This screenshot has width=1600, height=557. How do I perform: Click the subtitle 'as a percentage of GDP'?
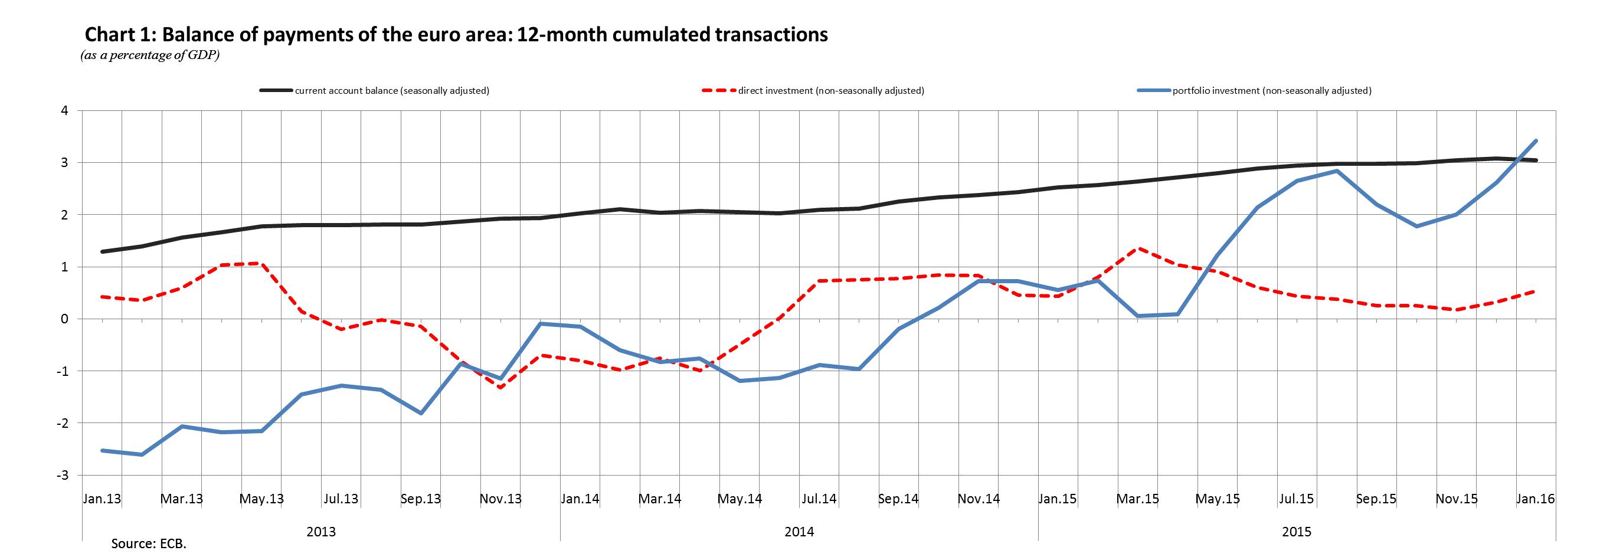point(150,55)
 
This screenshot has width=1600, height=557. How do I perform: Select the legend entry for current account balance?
point(392,91)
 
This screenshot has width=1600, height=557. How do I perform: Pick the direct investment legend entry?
point(831,91)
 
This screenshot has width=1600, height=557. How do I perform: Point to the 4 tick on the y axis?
point(64,110)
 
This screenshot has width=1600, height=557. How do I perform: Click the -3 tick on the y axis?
point(61,475)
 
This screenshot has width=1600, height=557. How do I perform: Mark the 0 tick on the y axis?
point(64,319)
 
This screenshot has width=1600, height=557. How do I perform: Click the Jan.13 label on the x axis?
point(102,499)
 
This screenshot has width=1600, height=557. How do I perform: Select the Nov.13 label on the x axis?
point(500,499)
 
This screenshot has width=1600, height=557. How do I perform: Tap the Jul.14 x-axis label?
point(819,499)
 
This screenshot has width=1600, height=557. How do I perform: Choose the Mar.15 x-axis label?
point(1138,499)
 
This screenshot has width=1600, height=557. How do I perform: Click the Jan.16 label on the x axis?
point(1536,499)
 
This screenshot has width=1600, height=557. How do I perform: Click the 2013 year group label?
point(321,532)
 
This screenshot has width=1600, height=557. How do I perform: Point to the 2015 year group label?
point(1297,532)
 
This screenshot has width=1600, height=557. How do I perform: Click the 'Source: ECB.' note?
point(149,544)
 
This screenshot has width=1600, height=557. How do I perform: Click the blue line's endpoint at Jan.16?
point(1536,141)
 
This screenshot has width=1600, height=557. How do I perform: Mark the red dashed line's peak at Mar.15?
point(1138,248)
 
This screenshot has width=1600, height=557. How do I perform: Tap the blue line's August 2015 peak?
point(1337,171)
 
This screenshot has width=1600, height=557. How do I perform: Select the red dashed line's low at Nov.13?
point(500,388)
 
